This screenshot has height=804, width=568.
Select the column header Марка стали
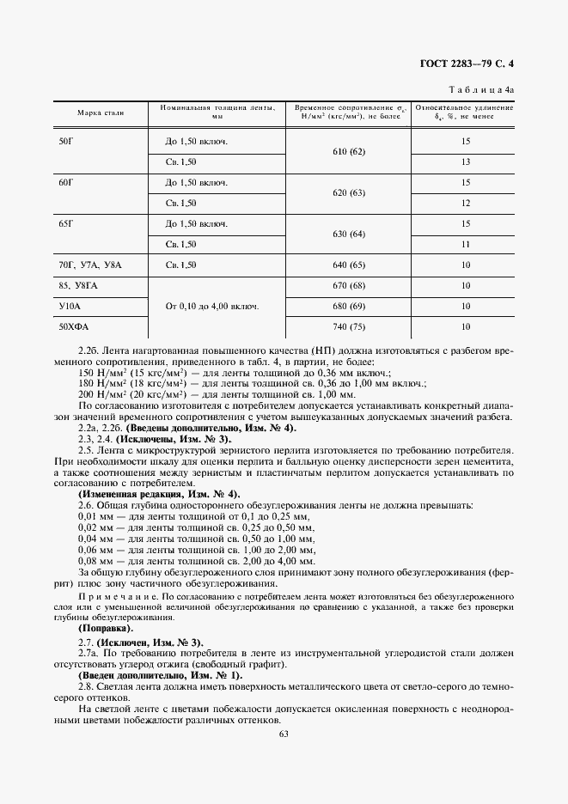pos(100,113)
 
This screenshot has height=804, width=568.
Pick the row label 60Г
pos(65,182)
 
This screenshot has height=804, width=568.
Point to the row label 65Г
pos(65,223)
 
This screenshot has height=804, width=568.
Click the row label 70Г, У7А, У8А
pos(90,265)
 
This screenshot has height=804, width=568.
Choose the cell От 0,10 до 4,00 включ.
pos(212,307)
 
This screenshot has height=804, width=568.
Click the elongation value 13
pos(465,161)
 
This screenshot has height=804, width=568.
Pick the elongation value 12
pos(465,203)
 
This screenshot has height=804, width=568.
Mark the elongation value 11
pos(465,245)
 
